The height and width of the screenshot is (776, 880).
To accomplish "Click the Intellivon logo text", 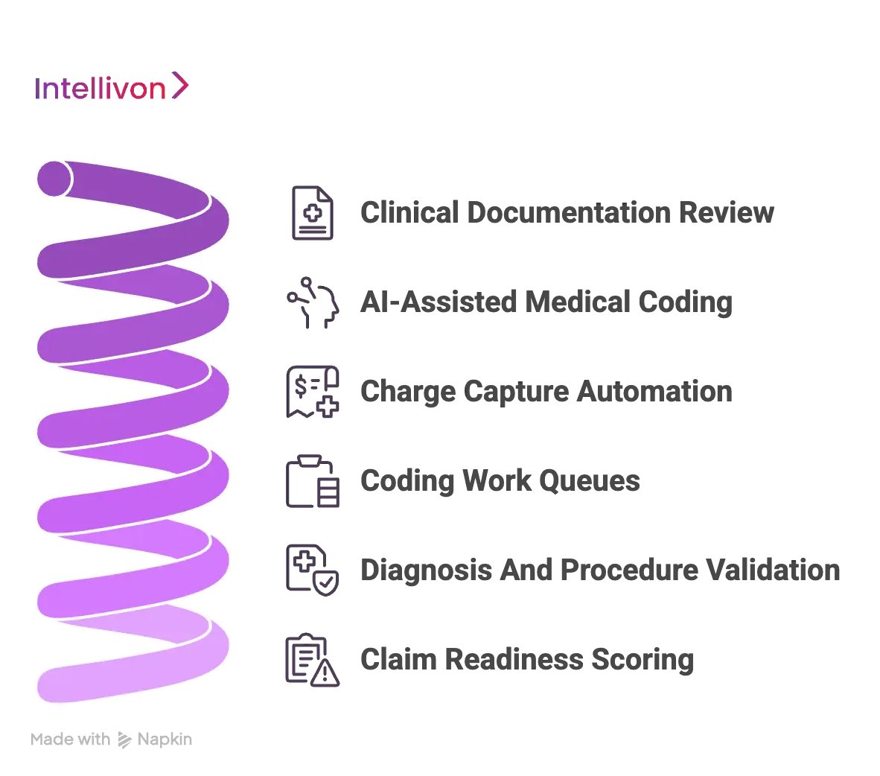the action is click(x=100, y=89).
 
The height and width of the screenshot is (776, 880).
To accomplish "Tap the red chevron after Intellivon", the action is click(x=180, y=86).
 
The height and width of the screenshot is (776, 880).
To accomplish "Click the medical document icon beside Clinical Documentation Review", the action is click(x=313, y=213).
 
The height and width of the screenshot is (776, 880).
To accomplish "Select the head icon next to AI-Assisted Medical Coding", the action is click(x=313, y=302).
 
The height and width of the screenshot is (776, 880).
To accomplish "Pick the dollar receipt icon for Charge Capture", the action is click(x=313, y=392).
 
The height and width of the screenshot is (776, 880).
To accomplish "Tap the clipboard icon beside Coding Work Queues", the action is click(x=313, y=481).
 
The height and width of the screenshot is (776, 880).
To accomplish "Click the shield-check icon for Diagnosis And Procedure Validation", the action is click(x=313, y=570).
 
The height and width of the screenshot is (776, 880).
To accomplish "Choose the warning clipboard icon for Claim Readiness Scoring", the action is click(x=313, y=660).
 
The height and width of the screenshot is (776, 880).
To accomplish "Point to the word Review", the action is click(x=727, y=212).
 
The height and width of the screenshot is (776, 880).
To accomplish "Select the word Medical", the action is click(x=578, y=302).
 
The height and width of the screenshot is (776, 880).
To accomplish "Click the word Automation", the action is click(x=654, y=391).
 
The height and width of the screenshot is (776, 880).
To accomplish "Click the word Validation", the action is click(x=773, y=570).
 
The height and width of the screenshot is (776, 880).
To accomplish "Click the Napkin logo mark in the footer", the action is click(x=124, y=740).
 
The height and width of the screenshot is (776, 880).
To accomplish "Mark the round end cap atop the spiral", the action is click(x=54, y=179).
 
